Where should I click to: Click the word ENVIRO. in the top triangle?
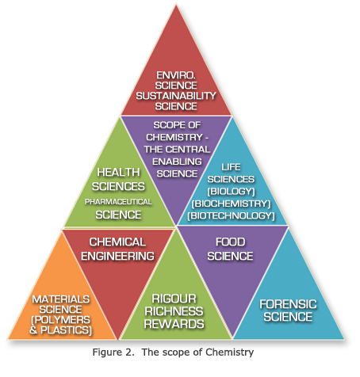click(x=176, y=75)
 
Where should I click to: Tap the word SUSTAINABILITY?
click(x=176, y=96)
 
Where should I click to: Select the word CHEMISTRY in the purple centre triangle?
click(x=174, y=137)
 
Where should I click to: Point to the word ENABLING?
click(x=177, y=162)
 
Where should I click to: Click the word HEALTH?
click(x=118, y=173)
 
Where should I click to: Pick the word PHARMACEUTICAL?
click(x=118, y=202)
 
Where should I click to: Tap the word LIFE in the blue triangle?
click(x=231, y=167)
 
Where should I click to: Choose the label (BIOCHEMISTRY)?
click(x=231, y=204)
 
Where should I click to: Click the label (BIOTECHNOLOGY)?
click(x=231, y=215)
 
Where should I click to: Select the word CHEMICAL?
click(x=117, y=242)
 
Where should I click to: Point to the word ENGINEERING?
click(x=117, y=256)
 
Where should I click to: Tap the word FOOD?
click(x=230, y=242)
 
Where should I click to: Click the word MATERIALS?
click(x=61, y=299)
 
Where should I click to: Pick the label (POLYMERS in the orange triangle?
click(x=61, y=320)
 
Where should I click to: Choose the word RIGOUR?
click(x=174, y=299)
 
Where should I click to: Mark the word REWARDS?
click(x=174, y=324)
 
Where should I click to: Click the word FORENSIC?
click(x=288, y=304)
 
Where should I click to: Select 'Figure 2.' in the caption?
click(x=113, y=352)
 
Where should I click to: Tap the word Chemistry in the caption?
click(x=230, y=352)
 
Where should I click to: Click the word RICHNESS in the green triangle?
click(x=174, y=311)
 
